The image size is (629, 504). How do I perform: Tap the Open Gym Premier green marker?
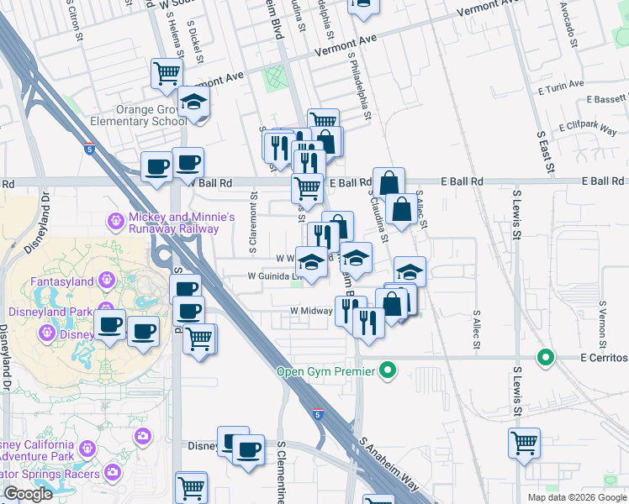click(388, 370)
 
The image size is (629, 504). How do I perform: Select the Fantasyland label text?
click(58, 281)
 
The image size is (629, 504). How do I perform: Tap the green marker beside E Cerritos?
click(546, 358)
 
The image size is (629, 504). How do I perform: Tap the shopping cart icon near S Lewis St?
click(524, 443)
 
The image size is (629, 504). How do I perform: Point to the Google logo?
click(28, 494)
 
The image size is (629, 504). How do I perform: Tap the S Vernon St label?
click(603, 328)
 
